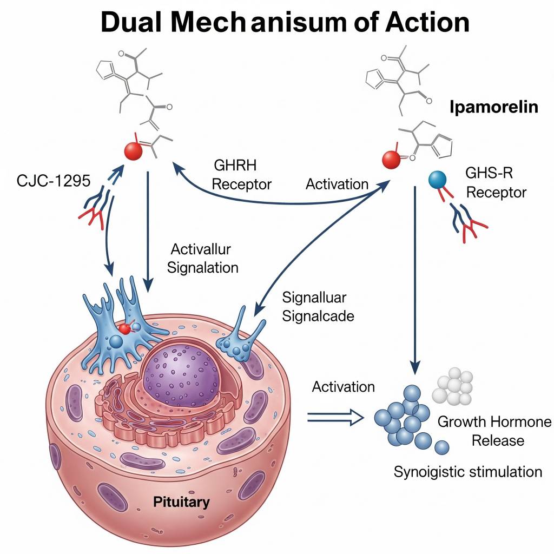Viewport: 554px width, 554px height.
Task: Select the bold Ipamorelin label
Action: point(493,107)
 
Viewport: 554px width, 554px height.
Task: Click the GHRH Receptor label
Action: point(241,175)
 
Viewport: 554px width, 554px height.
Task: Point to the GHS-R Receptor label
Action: point(496,183)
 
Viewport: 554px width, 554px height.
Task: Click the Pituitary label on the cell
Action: point(181,502)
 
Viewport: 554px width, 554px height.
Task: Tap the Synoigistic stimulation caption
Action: point(467,471)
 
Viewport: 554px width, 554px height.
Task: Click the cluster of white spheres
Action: point(453,387)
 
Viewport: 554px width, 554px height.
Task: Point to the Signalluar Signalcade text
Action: point(318,306)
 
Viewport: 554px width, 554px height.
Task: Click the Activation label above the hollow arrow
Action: point(344,387)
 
